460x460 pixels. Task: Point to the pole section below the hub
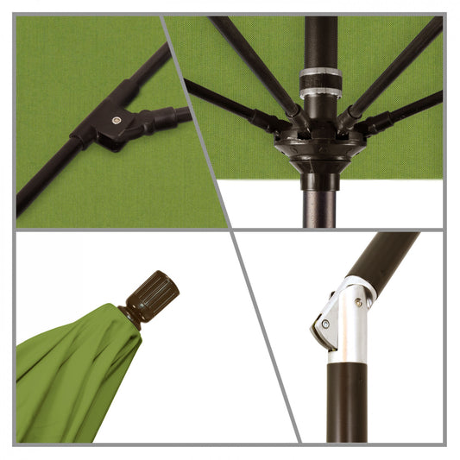coord(319,203)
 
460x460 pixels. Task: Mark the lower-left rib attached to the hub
coord(229,104)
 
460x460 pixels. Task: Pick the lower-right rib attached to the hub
coord(406,109)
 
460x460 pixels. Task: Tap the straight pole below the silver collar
coord(348,401)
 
